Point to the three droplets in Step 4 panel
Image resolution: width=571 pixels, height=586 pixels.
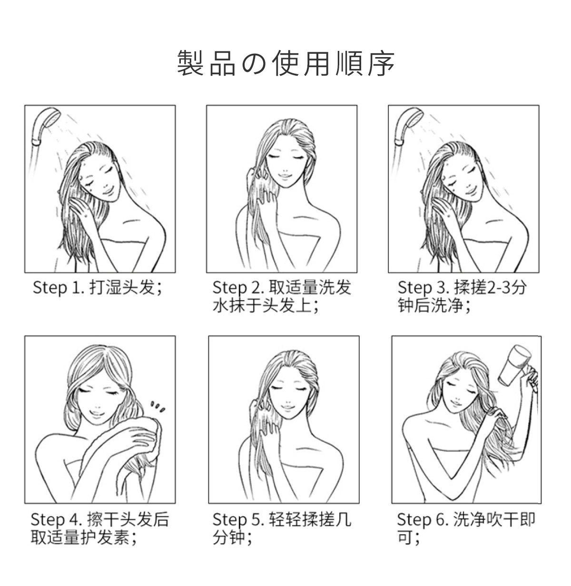[x=158, y=406]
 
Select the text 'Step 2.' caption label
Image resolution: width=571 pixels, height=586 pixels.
[x=238, y=288]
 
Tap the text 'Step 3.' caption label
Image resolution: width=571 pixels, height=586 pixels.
[x=423, y=288]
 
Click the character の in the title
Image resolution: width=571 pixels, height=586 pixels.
[x=254, y=63]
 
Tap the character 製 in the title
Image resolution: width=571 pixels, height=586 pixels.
[x=190, y=63]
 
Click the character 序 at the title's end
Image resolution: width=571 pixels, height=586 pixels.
[x=381, y=63]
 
